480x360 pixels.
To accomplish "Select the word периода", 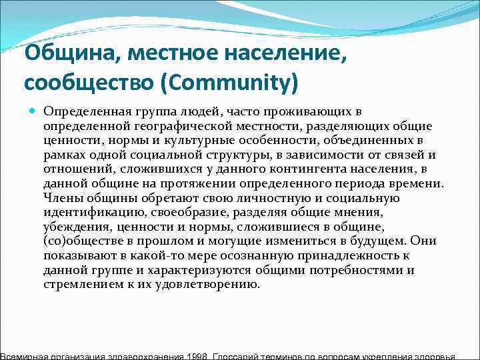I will (x=351, y=183).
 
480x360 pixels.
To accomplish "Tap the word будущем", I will (x=374, y=241).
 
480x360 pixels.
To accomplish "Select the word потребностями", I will (x=355, y=269).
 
